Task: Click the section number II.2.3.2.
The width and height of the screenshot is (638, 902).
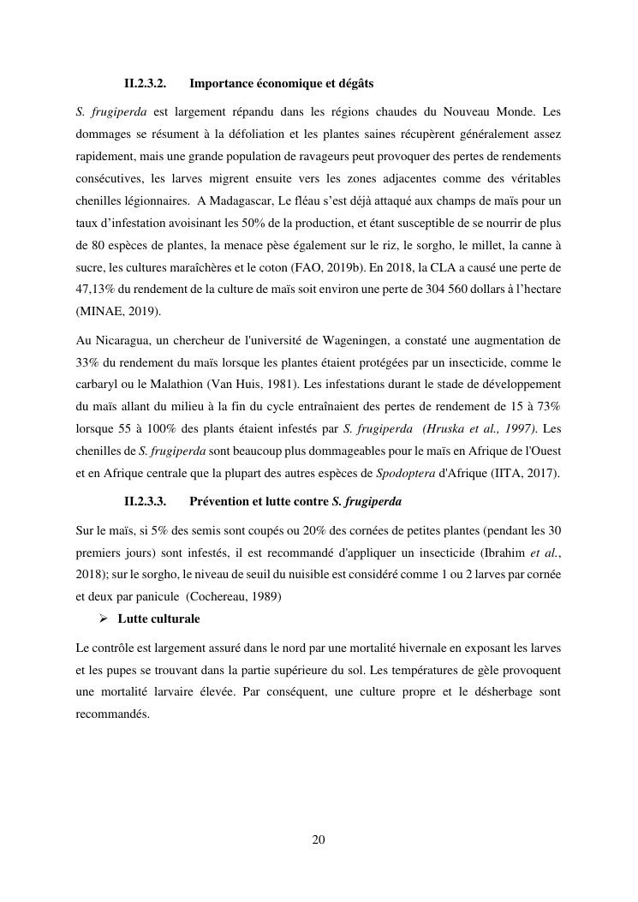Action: point(145,84)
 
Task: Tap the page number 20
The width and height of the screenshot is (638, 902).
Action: point(319,839)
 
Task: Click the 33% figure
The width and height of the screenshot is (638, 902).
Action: point(87,362)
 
